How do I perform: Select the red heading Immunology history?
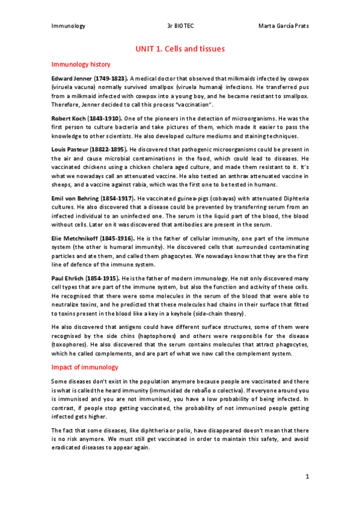pyautogui.click(x=81, y=64)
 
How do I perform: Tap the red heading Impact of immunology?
pyautogui.click(x=84, y=367)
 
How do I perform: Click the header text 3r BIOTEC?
pyautogui.click(x=180, y=26)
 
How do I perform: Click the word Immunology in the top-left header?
pyautogui.click(x=69, y=26)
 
